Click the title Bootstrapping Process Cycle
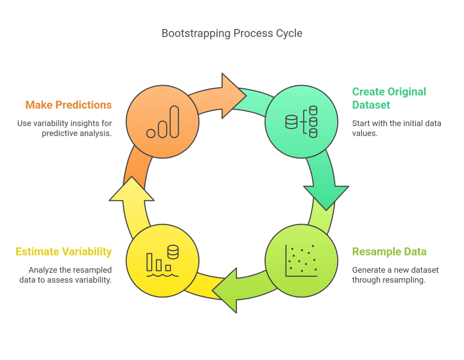pyautogui.click(x=232, y=33)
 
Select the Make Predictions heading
pyautogui.click(x=68, y=105)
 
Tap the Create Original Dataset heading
pyautogui.click(x=389, y=98)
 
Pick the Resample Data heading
pyautogui.click(x=389, y=252)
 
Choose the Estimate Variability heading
pyautogui.click(x=63, y=252)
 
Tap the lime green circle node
pyautogui.click(x=301, y=261)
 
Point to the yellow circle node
pyautogui.click(x=163, y=261)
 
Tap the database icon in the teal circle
pyautogui.click(x=301, y=122)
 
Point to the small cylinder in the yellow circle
pyautogui.click(x=173, y=251)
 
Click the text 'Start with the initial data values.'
pyautogui.click(x=396, y=128)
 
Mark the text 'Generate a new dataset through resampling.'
pyautogui.click(x=395, y=275)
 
